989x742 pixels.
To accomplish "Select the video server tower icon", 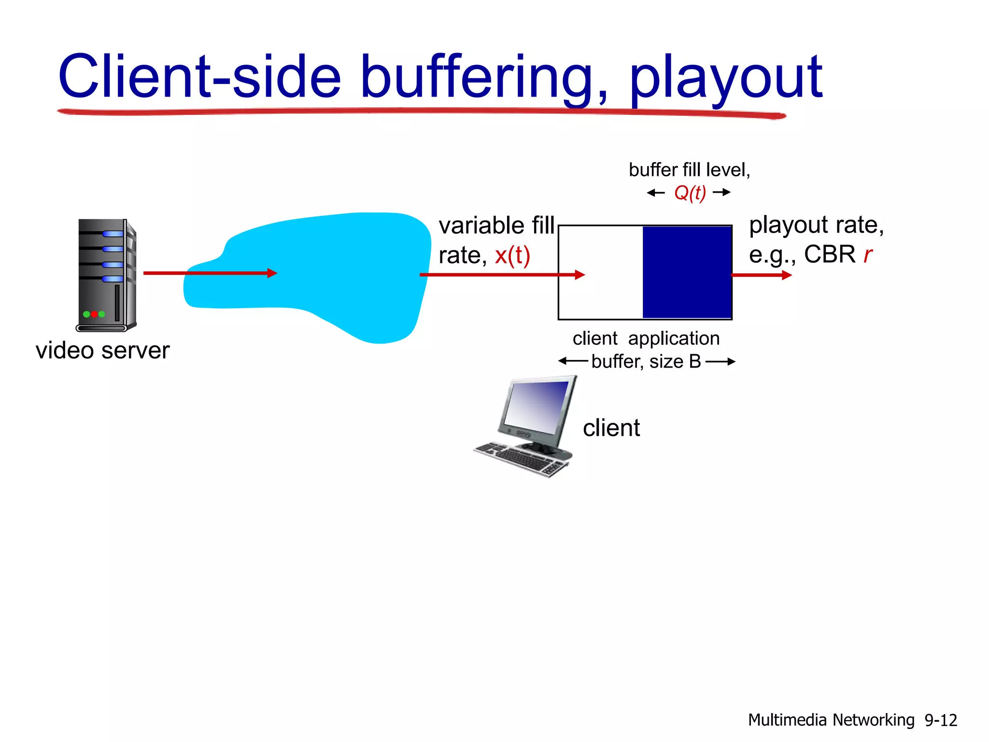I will [x=106, y=274].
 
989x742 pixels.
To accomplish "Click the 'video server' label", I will [x=102, y=350].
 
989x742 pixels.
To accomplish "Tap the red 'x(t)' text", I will [x=512, y=255].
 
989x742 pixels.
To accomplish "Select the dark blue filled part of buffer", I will [x=687, y=272].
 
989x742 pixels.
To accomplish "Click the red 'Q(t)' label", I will [x=690, y=193].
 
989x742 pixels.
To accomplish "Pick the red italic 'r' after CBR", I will [x=868, y=255].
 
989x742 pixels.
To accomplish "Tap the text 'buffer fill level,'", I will [x=689, y=170].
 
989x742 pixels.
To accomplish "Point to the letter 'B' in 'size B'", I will [x=695, y=361].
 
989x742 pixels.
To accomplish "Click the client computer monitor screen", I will [x=537, y=407].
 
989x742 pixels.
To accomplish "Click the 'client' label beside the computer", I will [x=611, y=428].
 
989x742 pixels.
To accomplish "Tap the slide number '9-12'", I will [x=940, y=720].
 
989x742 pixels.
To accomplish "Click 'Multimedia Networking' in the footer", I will [x=831, y=720].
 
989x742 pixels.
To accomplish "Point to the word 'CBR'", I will [x=829, y=254].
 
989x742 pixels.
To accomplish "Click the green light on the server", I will [x=86, y=314].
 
